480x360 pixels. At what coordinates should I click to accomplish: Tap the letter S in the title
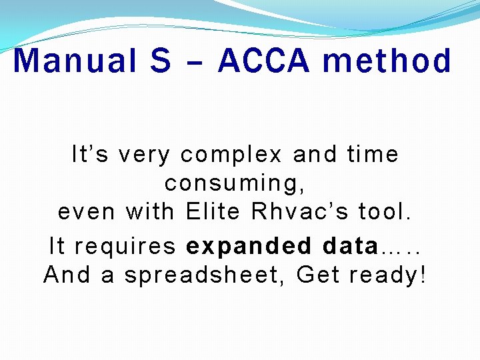(161, 61)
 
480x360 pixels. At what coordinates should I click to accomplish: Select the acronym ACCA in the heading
(264, 61)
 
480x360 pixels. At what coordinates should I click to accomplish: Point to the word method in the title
(387, 61)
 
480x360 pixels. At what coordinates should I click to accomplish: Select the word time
(373, 155)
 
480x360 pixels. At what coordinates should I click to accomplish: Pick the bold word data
(349, 246)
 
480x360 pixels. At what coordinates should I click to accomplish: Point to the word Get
(317, 274)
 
